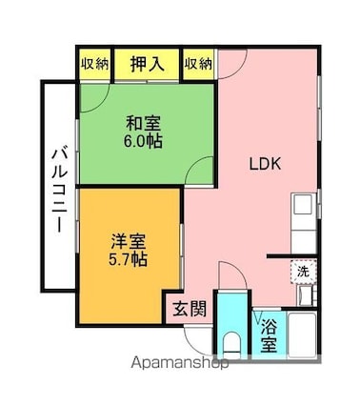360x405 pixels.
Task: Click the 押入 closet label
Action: point(148,64)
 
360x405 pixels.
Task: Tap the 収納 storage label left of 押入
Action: point(94,64)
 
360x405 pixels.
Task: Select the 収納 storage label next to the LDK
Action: point(198,64)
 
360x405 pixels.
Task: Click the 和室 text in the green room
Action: point(143,123)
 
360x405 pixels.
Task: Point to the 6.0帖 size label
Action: point(143,141)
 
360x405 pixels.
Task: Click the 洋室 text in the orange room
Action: point(129,242)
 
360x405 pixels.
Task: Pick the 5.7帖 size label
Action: point(128,259)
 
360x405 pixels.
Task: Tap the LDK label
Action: point(265,164)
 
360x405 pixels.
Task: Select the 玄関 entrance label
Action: point(190,309)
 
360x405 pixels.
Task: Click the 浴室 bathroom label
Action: point(269,335)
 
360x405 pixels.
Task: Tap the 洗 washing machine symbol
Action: point(303,272)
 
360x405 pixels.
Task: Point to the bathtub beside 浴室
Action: point(302,334)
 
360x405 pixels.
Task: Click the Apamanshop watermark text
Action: point(180,363)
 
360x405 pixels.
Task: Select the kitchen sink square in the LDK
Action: point(302,205)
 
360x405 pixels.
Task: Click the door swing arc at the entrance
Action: point(194,343)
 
